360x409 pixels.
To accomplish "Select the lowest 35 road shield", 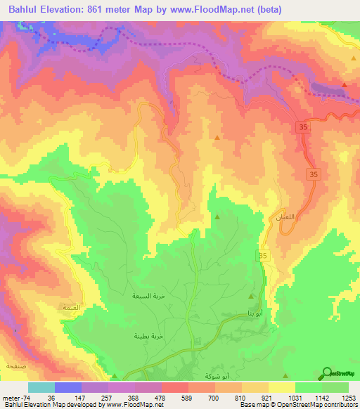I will [264, 257].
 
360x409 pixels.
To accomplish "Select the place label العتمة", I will [72, 308].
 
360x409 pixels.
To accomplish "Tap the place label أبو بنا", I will [257, 313].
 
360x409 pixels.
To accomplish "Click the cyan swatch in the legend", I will [41, 387].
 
